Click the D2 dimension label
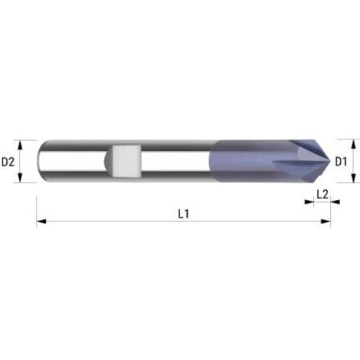pyautogui.click(x=8, y=162)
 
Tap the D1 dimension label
pyautogui.click(x=342, y=162)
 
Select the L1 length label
pyautogui.click(x=184, y=214)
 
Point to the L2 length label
pyautogui.click(x=322, y=195)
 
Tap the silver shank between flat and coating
pyautogui.click(x=176, y=161)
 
